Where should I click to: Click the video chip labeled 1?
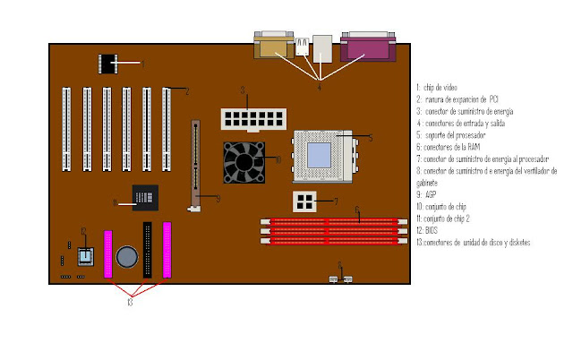click(109, 64)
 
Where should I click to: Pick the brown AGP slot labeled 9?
click(192, 165)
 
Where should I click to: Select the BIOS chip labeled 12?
click(84, 257)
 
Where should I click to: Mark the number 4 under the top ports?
click(321, 85)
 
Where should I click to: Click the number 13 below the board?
click(131, 303)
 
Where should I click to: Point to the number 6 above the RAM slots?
click(357, 212)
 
